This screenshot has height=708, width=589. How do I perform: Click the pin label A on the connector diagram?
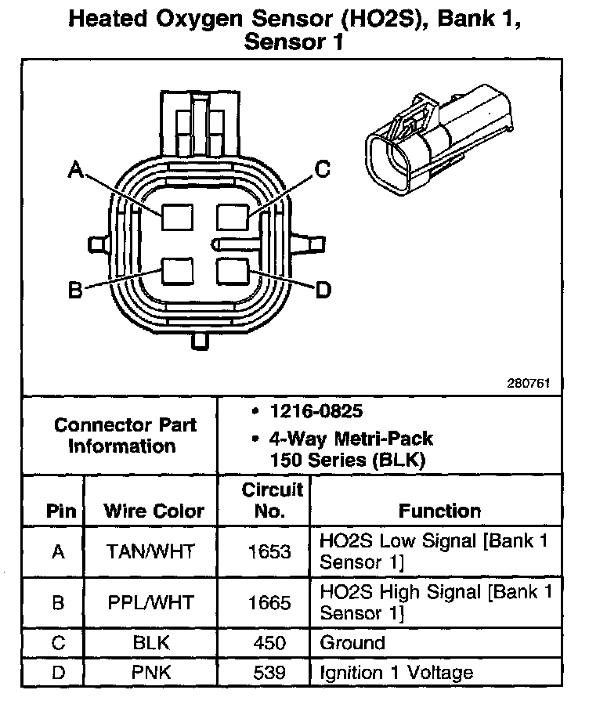point(76,168)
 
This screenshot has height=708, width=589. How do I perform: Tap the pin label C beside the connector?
point(323,168)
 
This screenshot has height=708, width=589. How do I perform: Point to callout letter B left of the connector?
point(75,291)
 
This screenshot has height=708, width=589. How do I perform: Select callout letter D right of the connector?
point(323,291)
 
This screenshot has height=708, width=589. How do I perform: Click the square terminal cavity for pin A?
point(178,215)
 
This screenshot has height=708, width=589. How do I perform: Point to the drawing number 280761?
point(528,384)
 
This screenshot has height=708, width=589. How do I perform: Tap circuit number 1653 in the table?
point(269,551)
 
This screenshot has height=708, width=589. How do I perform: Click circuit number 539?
point(269,672)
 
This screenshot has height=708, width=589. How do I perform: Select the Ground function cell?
point(352,643)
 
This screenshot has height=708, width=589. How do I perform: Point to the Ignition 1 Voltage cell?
point(396,672)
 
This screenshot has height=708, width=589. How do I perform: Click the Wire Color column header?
point(154,511)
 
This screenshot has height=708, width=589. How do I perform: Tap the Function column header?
point(439,511)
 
